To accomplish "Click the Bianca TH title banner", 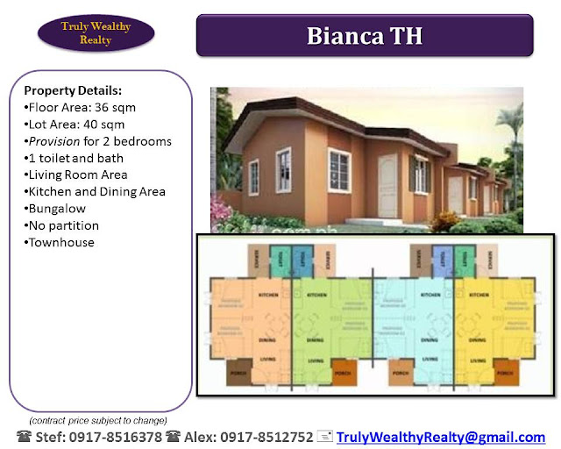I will coord(364,36).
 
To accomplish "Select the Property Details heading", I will coord(73,90).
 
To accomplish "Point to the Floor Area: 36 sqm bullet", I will coord(80,107).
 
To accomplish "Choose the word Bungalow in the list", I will coord(60,208).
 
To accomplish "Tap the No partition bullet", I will coord(64,225).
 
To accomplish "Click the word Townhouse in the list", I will coord(61,242).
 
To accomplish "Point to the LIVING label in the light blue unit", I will coord(430,359).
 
